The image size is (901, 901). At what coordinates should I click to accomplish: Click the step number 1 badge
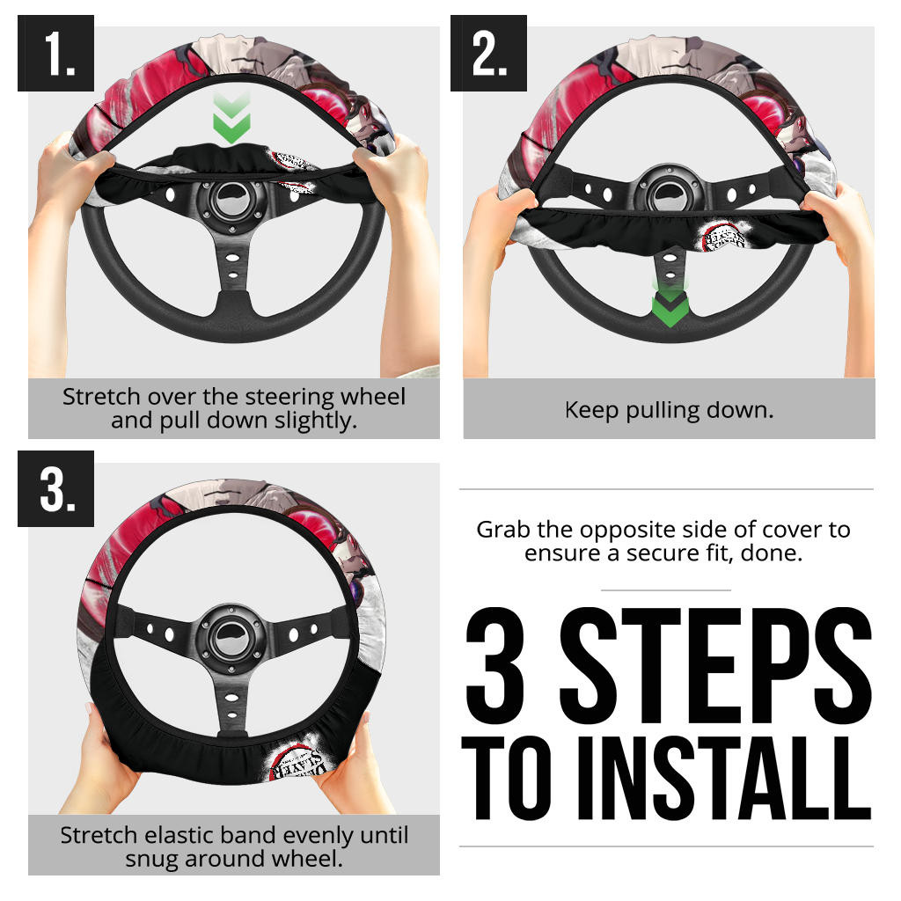(x=55, y=53)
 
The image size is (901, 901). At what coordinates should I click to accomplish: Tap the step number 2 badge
(x=488, y=53)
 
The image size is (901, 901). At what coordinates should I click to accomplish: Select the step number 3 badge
(x=55, y=488)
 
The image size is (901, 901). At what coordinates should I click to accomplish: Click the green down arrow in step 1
(x=231, y=119)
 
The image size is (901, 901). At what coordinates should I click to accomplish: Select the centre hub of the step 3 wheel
(x=231, y=639)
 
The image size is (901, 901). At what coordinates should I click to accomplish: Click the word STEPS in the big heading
(x=716, y=665)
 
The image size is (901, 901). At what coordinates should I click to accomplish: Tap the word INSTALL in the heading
(x=725, y=779)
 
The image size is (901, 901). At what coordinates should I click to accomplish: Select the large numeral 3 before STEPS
(x=495, y=665)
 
